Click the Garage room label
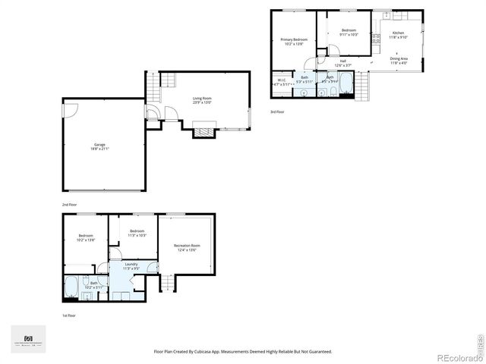[99, 145]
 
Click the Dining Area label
[399, 61]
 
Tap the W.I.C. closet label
[280, 80]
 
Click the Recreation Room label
[186, 247]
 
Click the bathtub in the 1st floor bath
[71, 287]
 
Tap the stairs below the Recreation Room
[167, 283]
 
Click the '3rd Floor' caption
[278, 111]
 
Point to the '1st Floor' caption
[69, 315]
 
